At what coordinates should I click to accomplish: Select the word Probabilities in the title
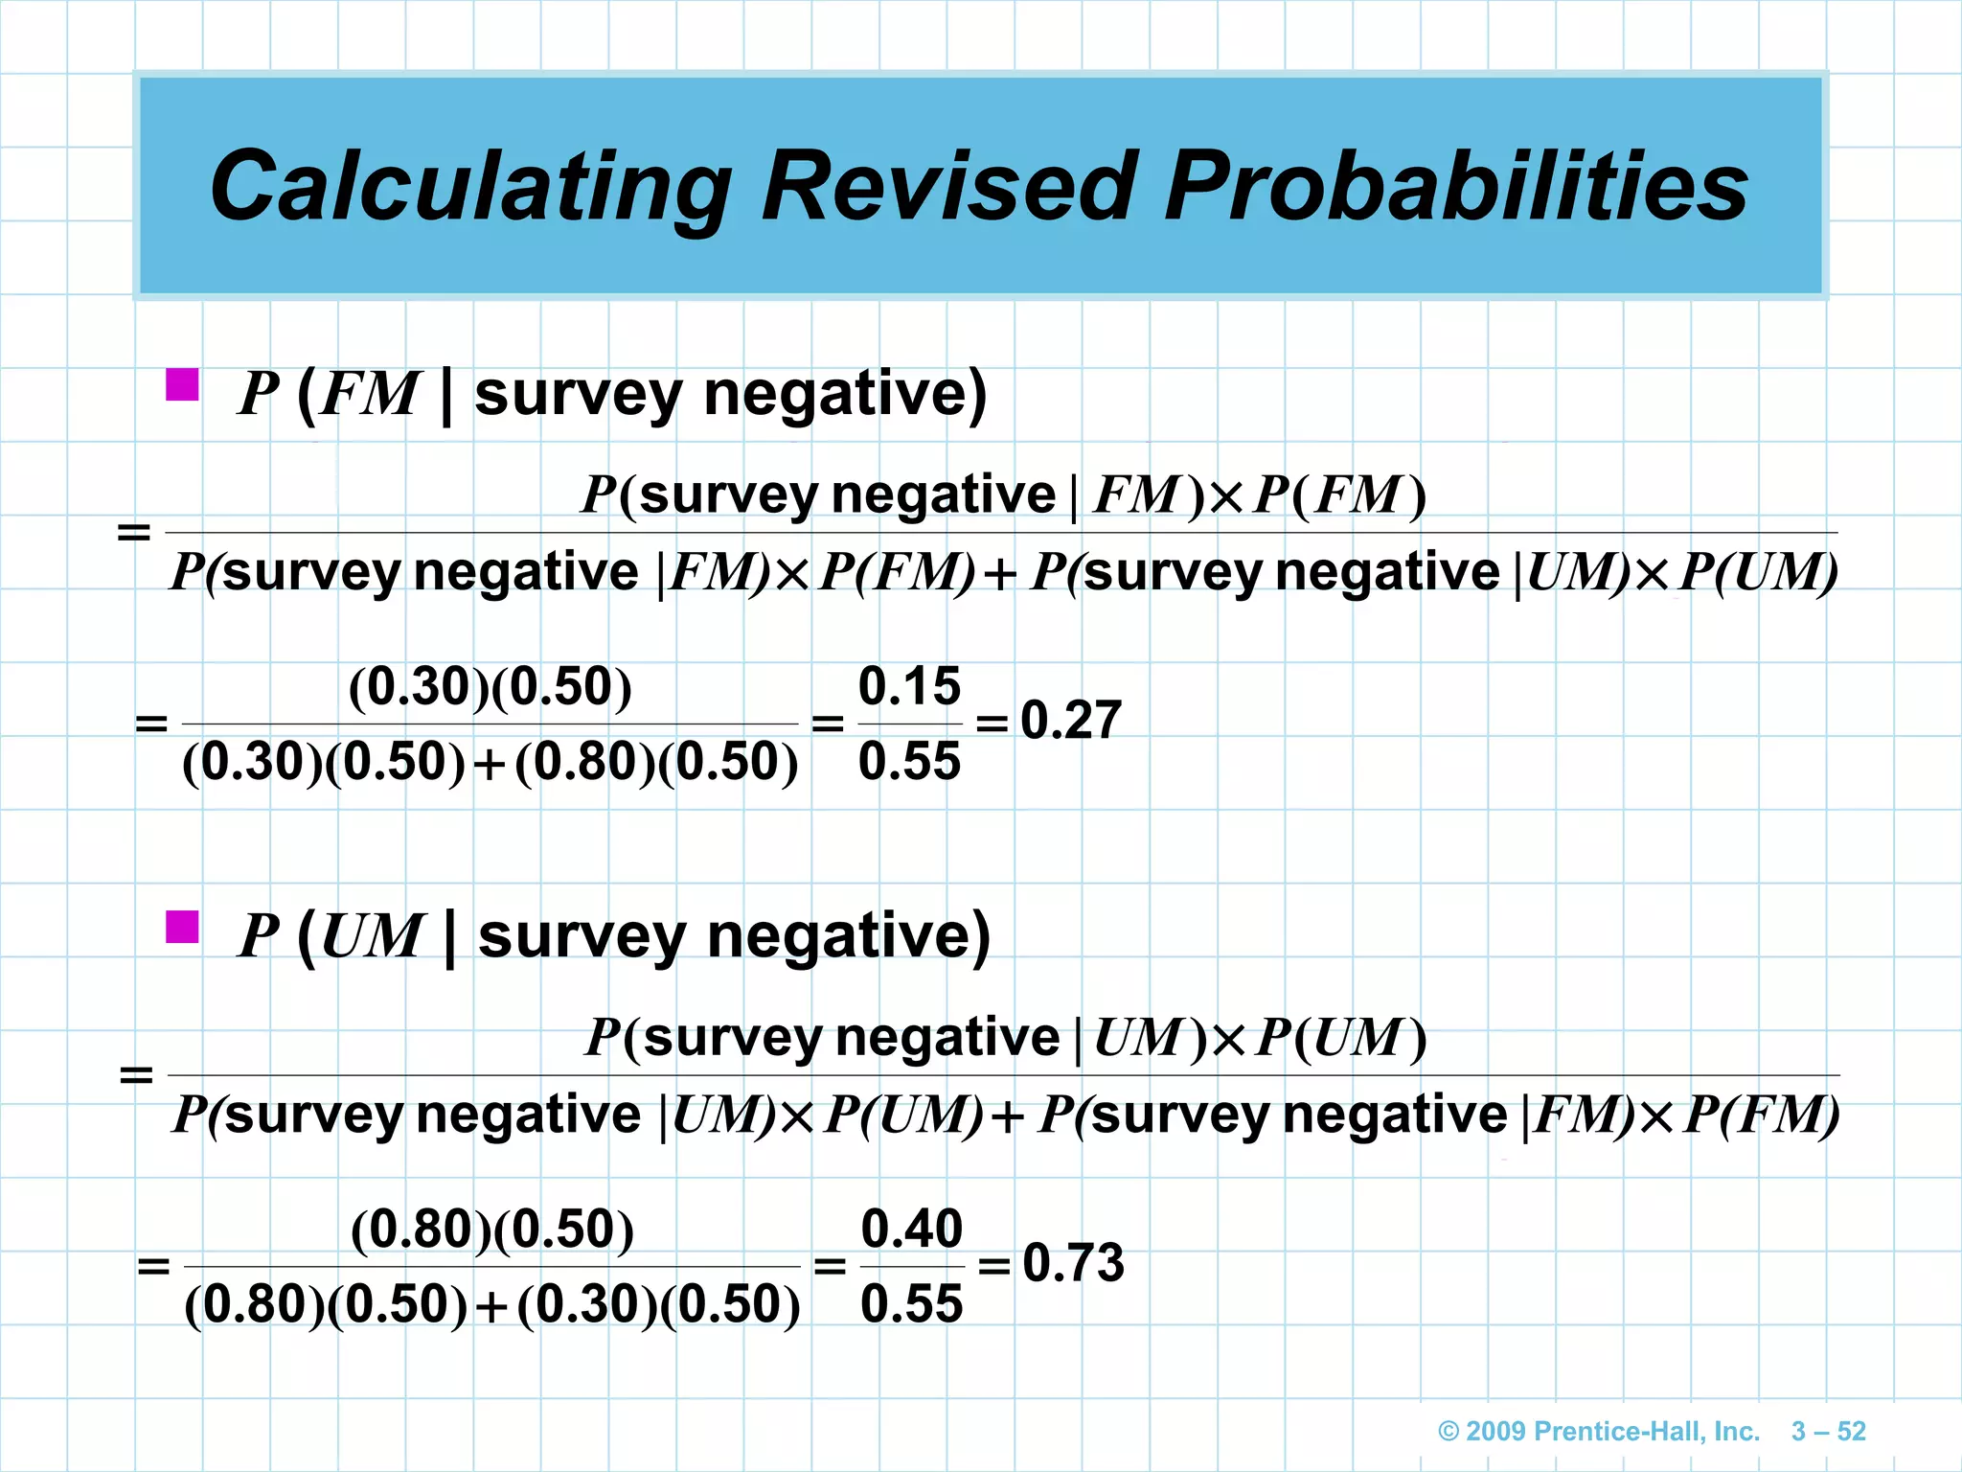[1456, 187]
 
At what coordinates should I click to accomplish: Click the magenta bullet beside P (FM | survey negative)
[182, 385]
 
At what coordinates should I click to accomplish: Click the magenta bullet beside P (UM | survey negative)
[182, 927]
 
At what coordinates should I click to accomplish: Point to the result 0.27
[1070, 721]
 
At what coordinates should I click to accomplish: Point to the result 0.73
[1073, 1263]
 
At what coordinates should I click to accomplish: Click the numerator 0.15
[909, 686]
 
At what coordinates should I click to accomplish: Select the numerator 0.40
[912, 1229]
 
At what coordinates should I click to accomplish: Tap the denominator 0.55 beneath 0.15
[909, 762]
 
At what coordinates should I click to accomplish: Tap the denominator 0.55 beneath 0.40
[912, 1304]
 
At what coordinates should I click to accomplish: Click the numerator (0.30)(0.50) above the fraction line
[490, 687]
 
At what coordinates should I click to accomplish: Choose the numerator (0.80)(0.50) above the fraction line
[492, 1230]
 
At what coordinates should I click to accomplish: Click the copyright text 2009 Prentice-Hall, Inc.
[1599, 1432]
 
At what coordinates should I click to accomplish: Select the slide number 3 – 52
[1829, 1432]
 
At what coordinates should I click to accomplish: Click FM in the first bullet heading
[369, 394]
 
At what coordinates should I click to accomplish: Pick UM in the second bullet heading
[371, 936]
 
